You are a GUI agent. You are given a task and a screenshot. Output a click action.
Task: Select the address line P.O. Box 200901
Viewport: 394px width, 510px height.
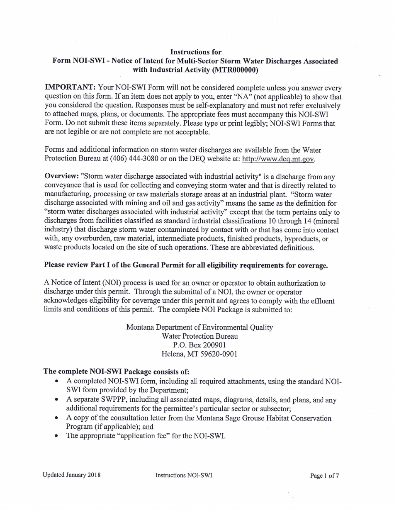(199, 345)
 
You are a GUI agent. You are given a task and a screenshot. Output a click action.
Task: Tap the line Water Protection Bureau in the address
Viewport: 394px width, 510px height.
(199, 336)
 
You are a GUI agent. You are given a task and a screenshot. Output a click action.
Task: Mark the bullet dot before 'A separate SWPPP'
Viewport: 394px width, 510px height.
(56, 400)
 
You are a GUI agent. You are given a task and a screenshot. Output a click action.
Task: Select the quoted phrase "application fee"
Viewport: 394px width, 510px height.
(137, 436)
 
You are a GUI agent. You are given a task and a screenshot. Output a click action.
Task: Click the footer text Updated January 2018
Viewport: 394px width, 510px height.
(71, 476)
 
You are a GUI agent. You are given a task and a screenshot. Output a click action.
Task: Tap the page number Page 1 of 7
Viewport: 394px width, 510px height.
(324, 476)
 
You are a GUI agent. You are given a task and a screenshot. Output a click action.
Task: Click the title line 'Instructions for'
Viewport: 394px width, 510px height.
(196, 52)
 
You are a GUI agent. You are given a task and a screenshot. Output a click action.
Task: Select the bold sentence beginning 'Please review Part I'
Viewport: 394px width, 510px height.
(186, 266)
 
